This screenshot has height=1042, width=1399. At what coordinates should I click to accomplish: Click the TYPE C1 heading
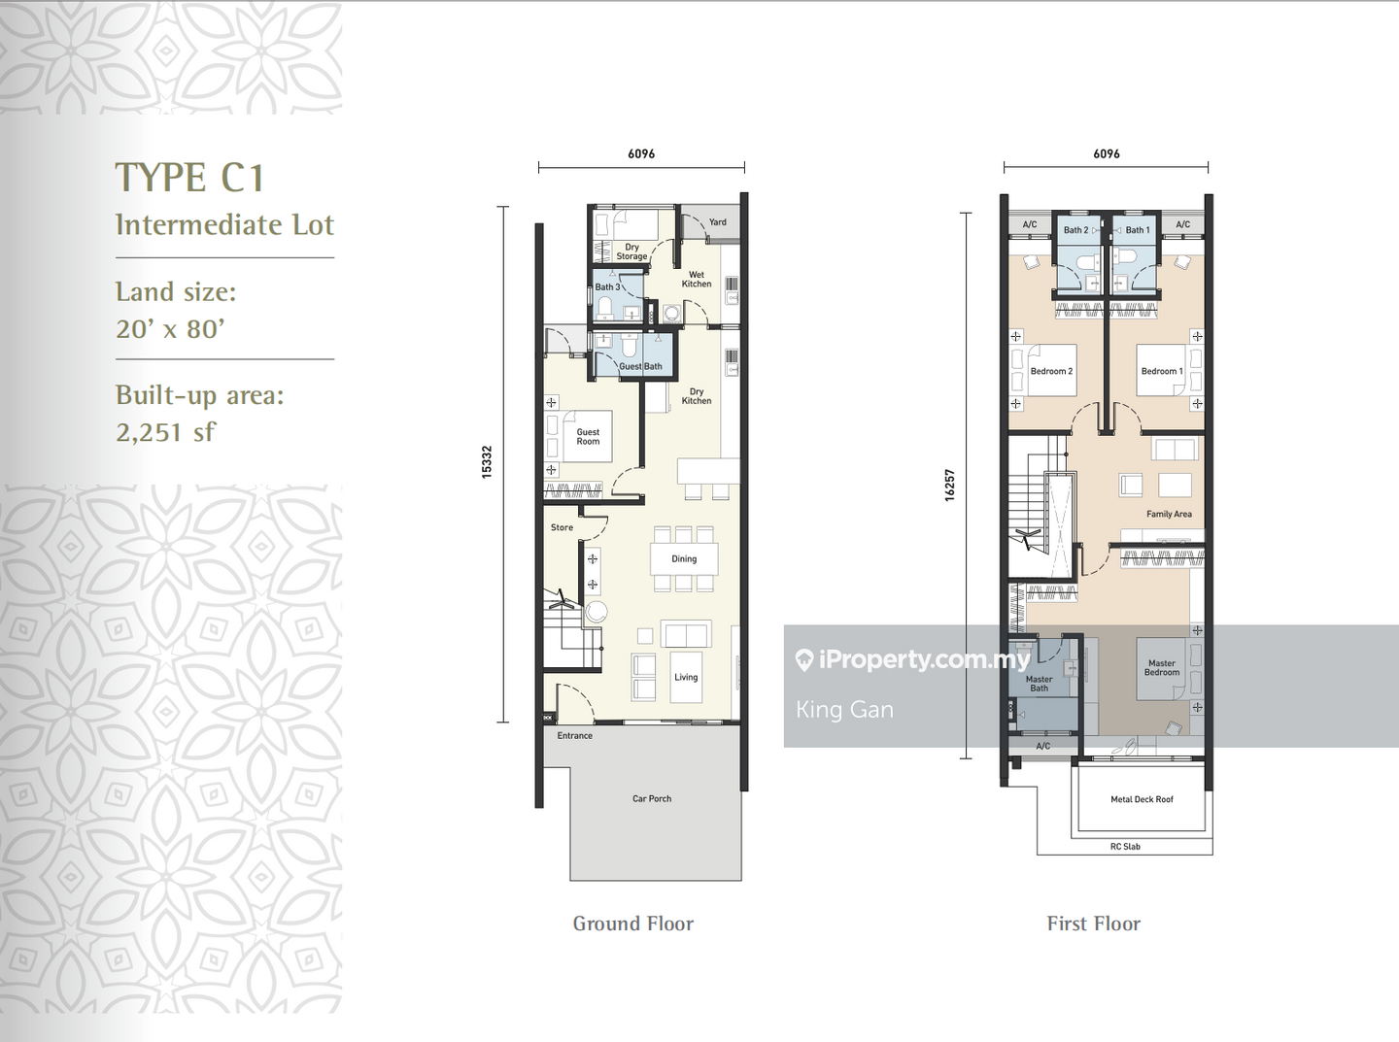pos(189,179)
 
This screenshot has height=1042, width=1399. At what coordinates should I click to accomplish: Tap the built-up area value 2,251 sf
pos(165,432)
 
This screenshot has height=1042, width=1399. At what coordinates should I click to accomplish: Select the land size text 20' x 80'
pos(170,329)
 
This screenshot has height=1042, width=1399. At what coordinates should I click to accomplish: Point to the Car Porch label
pos(652,798)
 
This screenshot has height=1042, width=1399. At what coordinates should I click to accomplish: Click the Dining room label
pos(684,558)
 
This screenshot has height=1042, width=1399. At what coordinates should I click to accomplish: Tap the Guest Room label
pos(588,437)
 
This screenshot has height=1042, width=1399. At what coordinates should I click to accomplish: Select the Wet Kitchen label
pos(697,280)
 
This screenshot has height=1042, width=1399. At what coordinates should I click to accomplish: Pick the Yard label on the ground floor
pos(717,222)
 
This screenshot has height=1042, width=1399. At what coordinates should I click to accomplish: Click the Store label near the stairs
pos(562,527)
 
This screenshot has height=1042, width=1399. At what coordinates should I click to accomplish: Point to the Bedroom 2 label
pos(1051,371)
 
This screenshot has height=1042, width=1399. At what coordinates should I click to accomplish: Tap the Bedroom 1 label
pos(1161,371)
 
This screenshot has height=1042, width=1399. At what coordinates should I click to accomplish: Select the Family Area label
pos(1169,514)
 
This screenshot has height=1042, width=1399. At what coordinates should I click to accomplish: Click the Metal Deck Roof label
pos(1142,799)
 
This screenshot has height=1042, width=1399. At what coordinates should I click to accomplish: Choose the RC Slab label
pos(1125,847)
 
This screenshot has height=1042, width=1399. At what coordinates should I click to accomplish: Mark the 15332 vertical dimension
pos(487,461)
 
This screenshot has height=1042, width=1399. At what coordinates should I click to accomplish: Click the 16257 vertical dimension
pos(950,485)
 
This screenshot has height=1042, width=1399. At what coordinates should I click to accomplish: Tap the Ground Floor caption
pos(632,924)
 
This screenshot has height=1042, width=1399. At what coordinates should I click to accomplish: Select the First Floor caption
pos(1093,924)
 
